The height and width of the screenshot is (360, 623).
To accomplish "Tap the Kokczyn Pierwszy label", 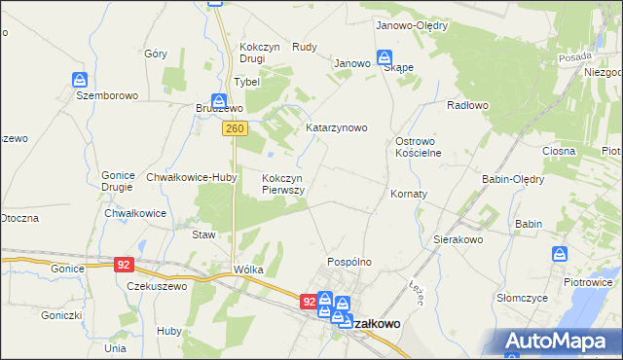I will [x=284, y=184].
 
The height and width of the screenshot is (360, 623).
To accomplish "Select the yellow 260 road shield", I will [x=234, y=128].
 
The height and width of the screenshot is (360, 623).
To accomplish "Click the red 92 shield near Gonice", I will [x=123, y=264].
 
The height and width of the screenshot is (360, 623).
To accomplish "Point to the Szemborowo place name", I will [x=107, y=96].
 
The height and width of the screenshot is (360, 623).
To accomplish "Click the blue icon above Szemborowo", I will [x=81, y=79].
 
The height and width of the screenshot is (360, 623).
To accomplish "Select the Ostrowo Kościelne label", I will [x=419, y=147].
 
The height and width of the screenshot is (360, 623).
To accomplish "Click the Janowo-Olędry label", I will [x=411, y=26].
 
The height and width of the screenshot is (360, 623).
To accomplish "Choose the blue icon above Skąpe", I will [x=385, y=57].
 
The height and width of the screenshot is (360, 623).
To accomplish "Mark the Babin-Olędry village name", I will [x=513, y=179].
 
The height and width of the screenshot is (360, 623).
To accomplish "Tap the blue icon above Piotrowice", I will [x=560, y=254].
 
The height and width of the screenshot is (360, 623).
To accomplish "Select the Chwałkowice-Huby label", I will [x=186, y=177].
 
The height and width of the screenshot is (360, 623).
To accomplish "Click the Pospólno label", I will [x=349, y=262].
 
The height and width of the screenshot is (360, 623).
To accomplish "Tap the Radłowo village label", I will [x=467, y=104].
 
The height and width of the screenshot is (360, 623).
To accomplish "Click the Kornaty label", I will [x=409, y=195].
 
